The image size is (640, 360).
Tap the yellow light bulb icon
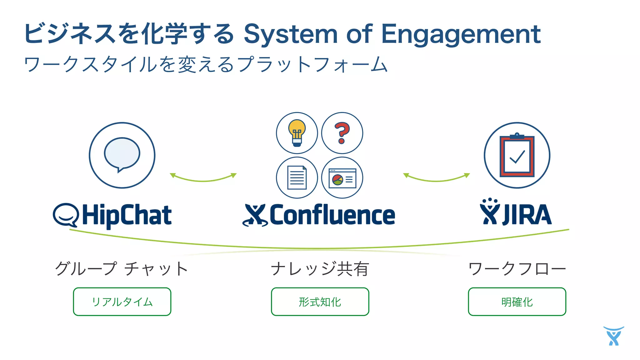pos(297,133)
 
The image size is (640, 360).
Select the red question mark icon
pos(342,133)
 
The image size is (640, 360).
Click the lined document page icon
pos(297,177)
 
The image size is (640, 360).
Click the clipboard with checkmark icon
pos(517,156)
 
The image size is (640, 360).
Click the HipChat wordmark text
pos(127,215)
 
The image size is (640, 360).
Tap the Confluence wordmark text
pos(332,215)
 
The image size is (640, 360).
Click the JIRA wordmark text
pos(527,215)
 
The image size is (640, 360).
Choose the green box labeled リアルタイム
pos(122,302)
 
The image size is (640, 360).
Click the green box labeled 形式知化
pos(320,302)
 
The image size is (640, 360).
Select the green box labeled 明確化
pos(517,302)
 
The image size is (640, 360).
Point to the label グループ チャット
pos(122,269)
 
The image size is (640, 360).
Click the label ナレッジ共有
pos(320,269)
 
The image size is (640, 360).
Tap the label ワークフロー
pos(517,269)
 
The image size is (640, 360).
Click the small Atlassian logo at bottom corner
pos(614,336)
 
